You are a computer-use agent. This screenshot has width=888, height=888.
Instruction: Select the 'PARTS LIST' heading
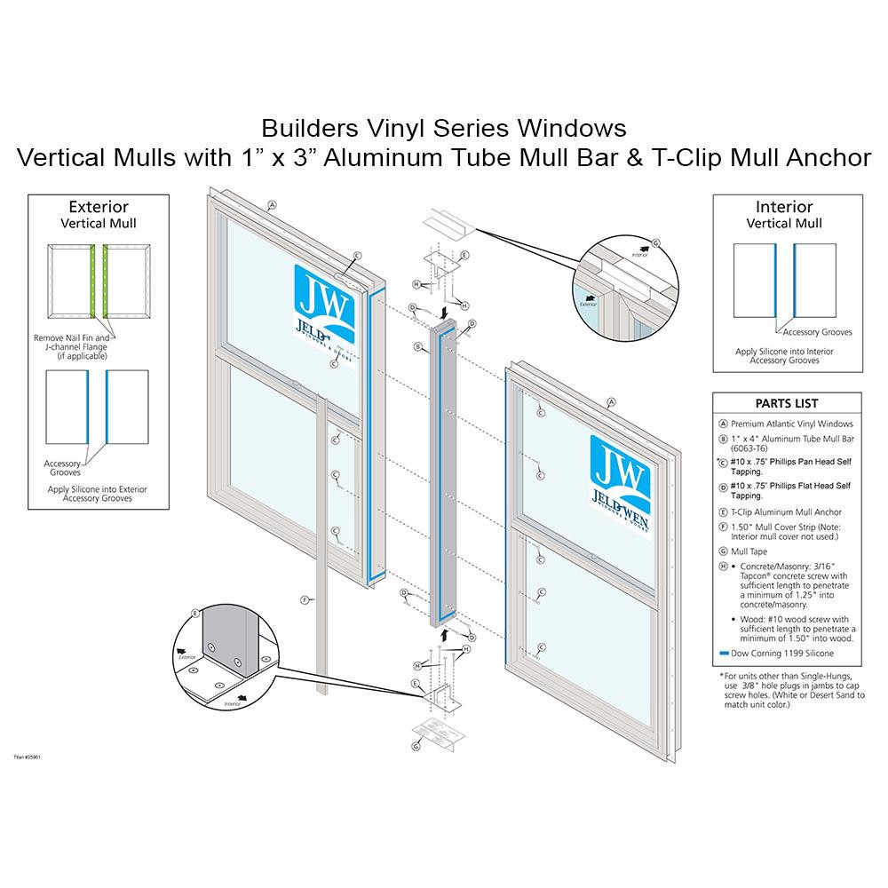[787, 403]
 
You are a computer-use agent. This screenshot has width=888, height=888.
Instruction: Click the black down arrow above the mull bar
[444, 313]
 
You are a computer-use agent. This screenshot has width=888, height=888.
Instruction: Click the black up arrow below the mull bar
[444, 633]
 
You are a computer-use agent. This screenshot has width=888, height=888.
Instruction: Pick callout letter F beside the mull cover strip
[305, 600]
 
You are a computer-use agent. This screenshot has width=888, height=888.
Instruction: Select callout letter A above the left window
[273, 204]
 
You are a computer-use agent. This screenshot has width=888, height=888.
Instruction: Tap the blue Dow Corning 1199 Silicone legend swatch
[722, 653]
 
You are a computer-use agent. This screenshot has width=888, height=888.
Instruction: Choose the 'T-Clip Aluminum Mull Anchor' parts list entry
[786, 512]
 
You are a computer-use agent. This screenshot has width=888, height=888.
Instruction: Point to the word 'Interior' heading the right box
[784, 207]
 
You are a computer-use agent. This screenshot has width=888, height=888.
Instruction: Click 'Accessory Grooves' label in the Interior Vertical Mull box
[817, 332]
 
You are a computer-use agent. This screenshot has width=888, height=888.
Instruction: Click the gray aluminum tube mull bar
[444, 471]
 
